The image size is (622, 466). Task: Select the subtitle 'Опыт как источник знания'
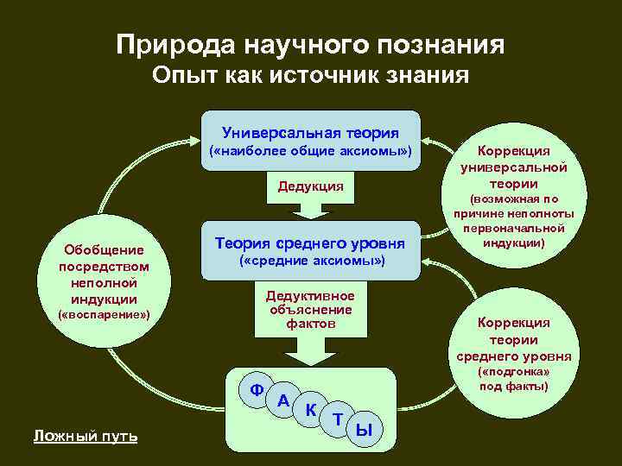point(310,77)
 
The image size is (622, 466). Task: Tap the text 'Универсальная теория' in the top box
point(310,133)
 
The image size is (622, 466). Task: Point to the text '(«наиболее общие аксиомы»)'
point(310,153)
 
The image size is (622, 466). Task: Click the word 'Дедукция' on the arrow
point(310,186)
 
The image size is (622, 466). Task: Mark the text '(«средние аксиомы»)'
point(310,261)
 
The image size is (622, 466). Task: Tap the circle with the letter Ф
point(257,389)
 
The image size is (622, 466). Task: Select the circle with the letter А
point(283,400)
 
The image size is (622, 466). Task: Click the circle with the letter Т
point(338,420)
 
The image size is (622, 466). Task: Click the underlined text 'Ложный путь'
point(85,437)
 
